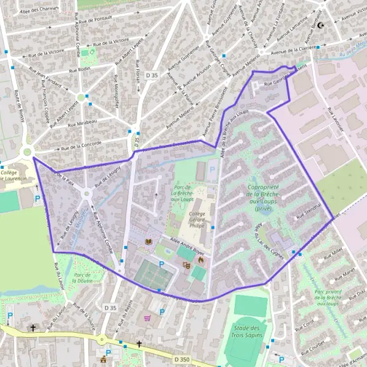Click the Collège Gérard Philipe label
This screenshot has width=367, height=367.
[x=196, y=218]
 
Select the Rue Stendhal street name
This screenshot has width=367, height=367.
[x=309, y=213]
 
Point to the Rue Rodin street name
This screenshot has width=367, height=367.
[x=80, y=69]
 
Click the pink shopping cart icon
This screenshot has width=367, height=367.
[x=147, y=318]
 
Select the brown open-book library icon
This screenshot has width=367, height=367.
[x=147, y=242]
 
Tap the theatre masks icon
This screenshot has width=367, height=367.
[x=186, y=265]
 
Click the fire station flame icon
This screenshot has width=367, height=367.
[x=199, y=260]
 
